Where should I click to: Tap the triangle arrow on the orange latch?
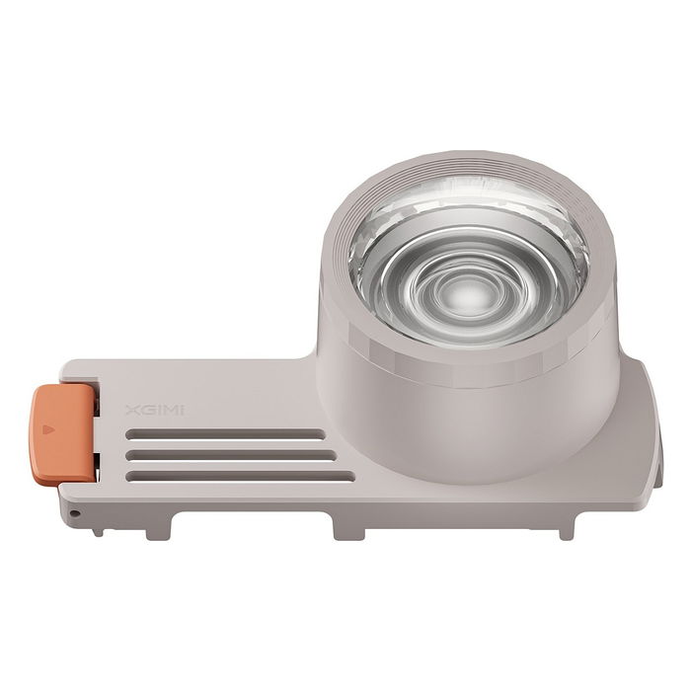pyautogui.click(x=45, y=430)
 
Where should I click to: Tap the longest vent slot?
pyautogui.click(x=241, y=476)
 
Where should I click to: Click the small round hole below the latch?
pyautogui.click(x=73, y=514)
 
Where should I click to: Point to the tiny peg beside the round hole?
pyautogui.click(x=97, y=529)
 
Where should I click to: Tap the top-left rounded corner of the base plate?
pyautogui.click(x=67, y=368)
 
